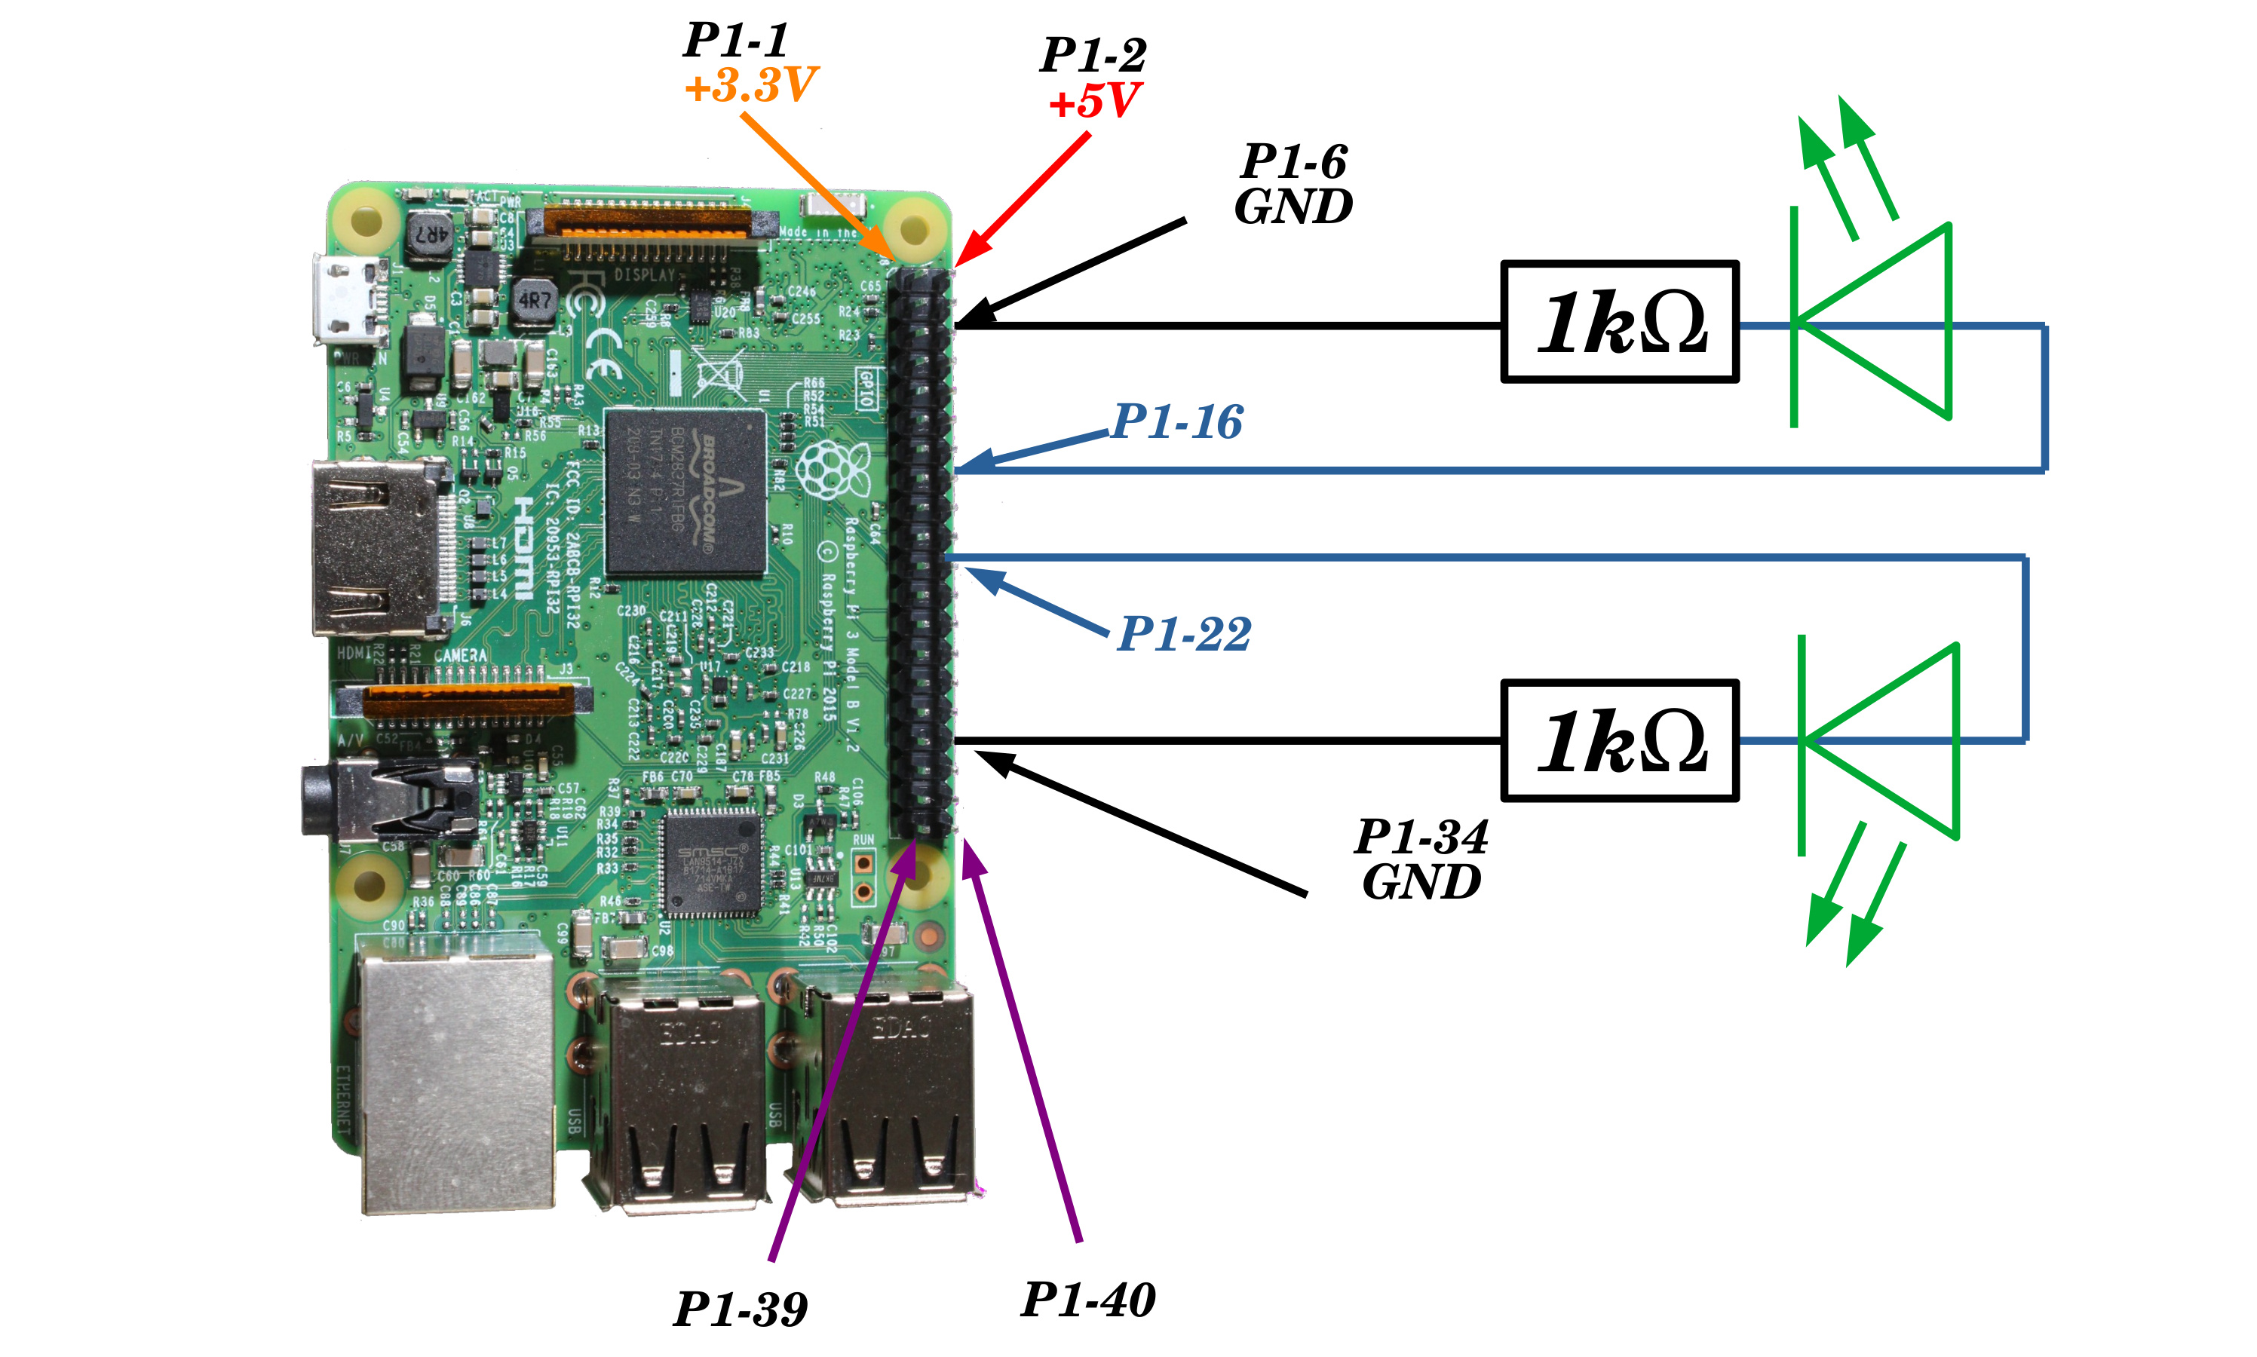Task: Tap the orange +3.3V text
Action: (x=750, y=85)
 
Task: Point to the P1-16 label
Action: (x=1176, y=422)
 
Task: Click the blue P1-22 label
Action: (x=1183, y=634)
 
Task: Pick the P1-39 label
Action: (x=740, y=1309)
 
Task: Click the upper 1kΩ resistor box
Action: (x=1619, y=322)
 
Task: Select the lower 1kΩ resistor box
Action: (x=1619, y=740)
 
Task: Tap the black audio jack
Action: (x=384, y=800)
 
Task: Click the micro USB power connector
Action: (x=345, y=300)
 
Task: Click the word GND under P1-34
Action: (x=1420, y=882)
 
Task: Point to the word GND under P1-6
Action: (x=1293, y=207)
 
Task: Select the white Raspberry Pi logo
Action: (x=830, y=470)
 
